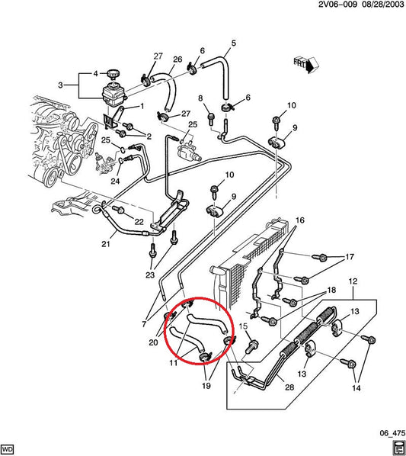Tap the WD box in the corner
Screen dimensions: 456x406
point(8,448)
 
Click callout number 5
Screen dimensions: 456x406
point(233,42)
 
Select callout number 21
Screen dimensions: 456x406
point(106,244)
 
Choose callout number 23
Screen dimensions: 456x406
point(151,275)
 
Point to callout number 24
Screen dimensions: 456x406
point(114,181)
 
